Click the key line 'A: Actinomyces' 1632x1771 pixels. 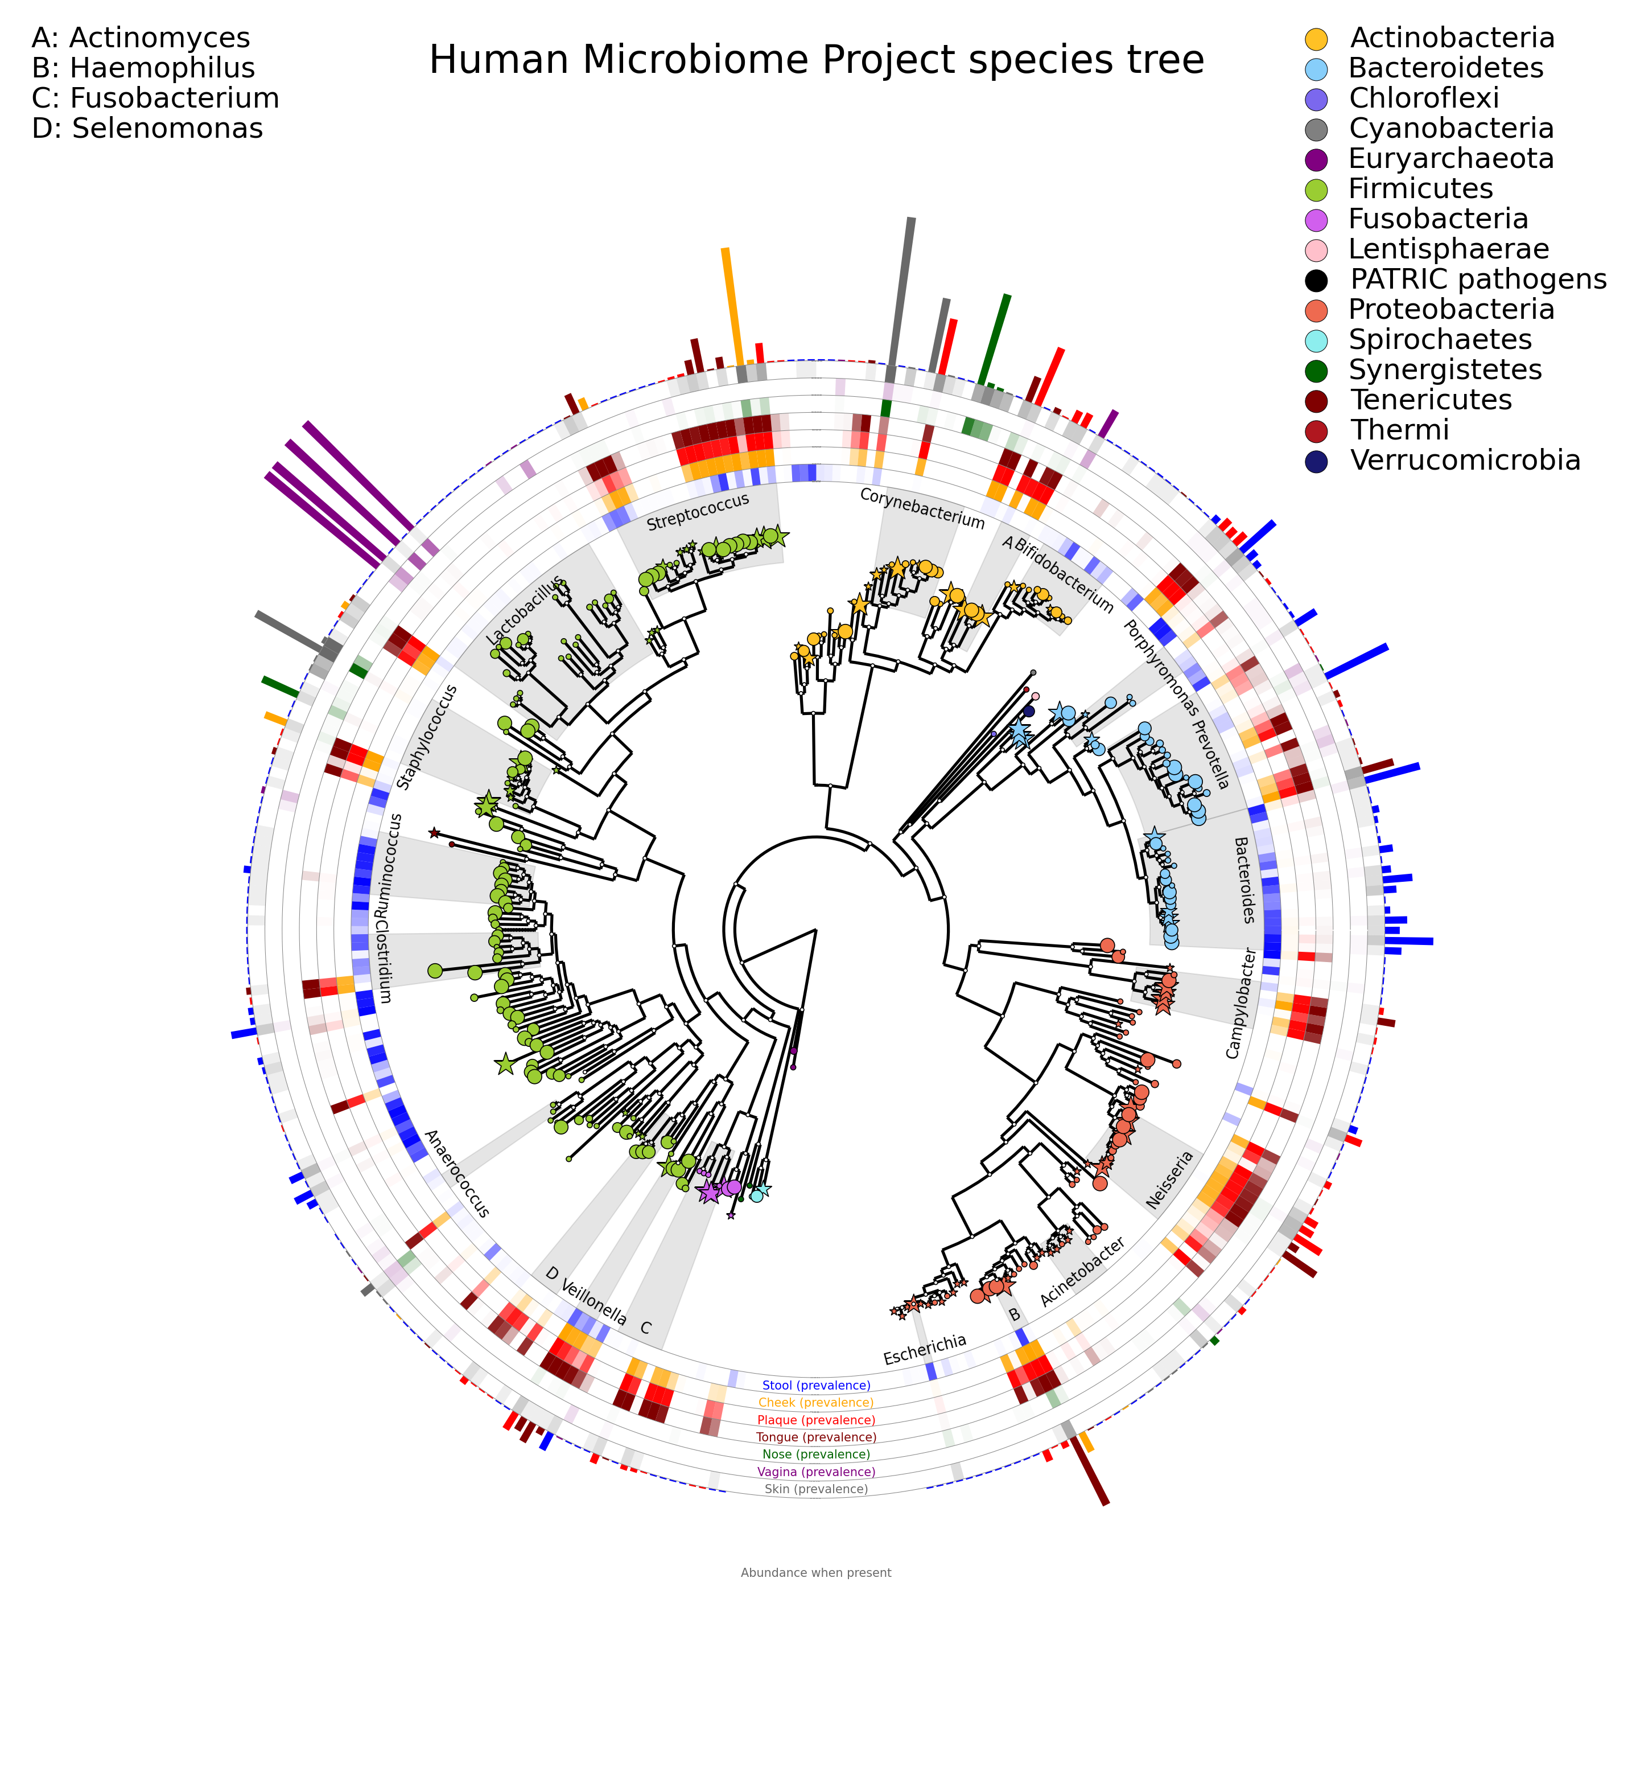[141, 38]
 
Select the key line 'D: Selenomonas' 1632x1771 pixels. [147, 129]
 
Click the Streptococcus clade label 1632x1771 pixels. [698, 512]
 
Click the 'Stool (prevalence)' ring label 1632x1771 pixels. [816, 1386]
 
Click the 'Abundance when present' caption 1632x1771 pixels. [816, 1573]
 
